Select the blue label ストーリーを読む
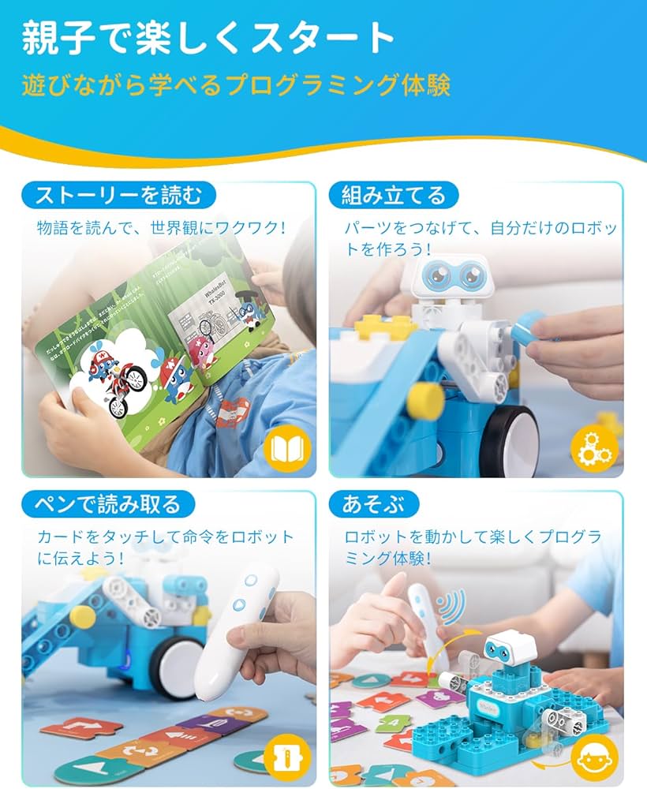click(118, 194)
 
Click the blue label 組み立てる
click(393, 194)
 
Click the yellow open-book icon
click(286, 449)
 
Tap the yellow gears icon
click(593, 449)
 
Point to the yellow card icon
click(286, 758)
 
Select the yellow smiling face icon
click(593, 758)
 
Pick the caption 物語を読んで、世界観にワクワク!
click(161, 228)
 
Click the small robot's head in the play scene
click(510, 647)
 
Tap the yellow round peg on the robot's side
click(426, 401)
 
